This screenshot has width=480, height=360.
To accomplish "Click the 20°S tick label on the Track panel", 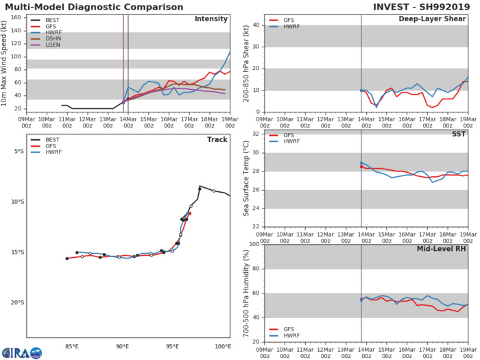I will (17, 302).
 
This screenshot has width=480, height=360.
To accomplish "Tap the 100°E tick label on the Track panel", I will (223, 346).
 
